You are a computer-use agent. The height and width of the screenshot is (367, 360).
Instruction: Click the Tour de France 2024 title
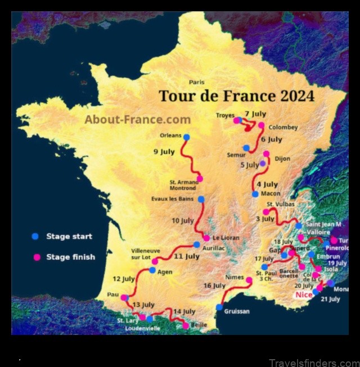click(x=236, y=96)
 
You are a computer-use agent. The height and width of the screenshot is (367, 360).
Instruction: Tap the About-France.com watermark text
click(x=138, y=119)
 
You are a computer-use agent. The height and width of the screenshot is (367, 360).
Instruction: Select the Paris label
click(x=197, y=82)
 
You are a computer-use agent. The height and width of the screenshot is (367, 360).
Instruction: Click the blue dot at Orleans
click(x=187, y=137)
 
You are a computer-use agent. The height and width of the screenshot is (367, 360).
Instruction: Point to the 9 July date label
click(x=164, y=151)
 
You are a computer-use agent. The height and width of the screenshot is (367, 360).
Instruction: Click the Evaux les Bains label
click(x=174, y=199)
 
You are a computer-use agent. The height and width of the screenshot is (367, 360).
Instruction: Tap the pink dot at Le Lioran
click(x=206, y=238)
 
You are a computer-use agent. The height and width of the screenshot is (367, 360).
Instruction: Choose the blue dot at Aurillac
click(x=196, y=244)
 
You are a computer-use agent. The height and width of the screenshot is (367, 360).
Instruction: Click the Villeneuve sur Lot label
click(x=146, y=253)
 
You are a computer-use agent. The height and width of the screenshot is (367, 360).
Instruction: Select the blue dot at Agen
click(x=152, y=270)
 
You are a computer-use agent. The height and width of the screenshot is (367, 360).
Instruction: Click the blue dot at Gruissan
click(x=219, y=307)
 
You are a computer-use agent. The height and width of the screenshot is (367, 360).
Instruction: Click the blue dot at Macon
click(x=255, y=194)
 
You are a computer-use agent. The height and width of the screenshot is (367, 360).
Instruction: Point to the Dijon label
click(x=282, y=158)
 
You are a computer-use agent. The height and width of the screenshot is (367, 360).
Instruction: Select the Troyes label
click(x=225, y=115)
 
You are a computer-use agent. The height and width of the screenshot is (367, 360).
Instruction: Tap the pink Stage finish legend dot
click(x=37, y=257)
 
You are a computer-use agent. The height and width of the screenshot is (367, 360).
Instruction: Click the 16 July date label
click(x=214, y=286)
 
